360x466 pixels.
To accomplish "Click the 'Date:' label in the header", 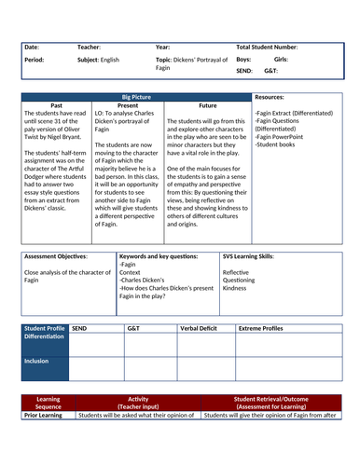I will (x=32, y=46).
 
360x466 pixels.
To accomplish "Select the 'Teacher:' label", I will (x=91, y=46).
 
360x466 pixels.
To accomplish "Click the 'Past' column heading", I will (x=56, y=106).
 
